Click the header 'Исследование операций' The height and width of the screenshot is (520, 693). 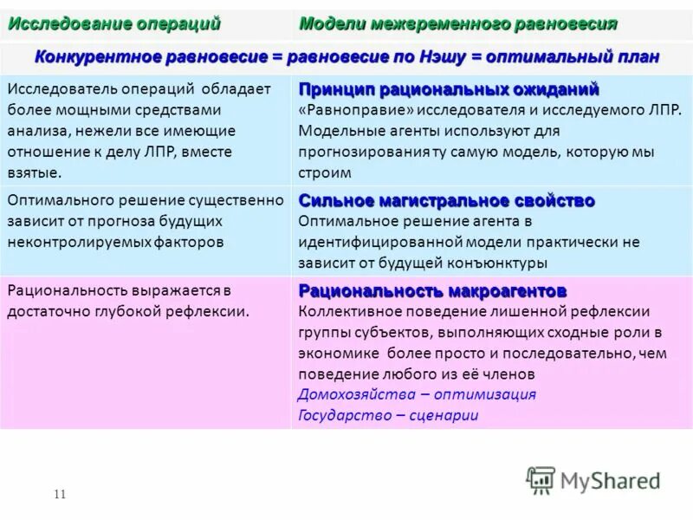click(114, 23)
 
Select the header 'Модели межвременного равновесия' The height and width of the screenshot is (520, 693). click(457, 23)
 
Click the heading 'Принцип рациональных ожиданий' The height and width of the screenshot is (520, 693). click(449, 90)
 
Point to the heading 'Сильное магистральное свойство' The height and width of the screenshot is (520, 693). click(447, 201)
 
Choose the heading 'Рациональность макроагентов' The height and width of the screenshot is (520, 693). click(432, 289)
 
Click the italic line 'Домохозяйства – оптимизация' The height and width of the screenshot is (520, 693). click(417, 394)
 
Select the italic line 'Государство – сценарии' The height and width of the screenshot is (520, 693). click(388, 415)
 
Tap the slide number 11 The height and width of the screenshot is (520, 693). click(60, 495)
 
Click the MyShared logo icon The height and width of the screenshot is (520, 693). click(541, 480)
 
